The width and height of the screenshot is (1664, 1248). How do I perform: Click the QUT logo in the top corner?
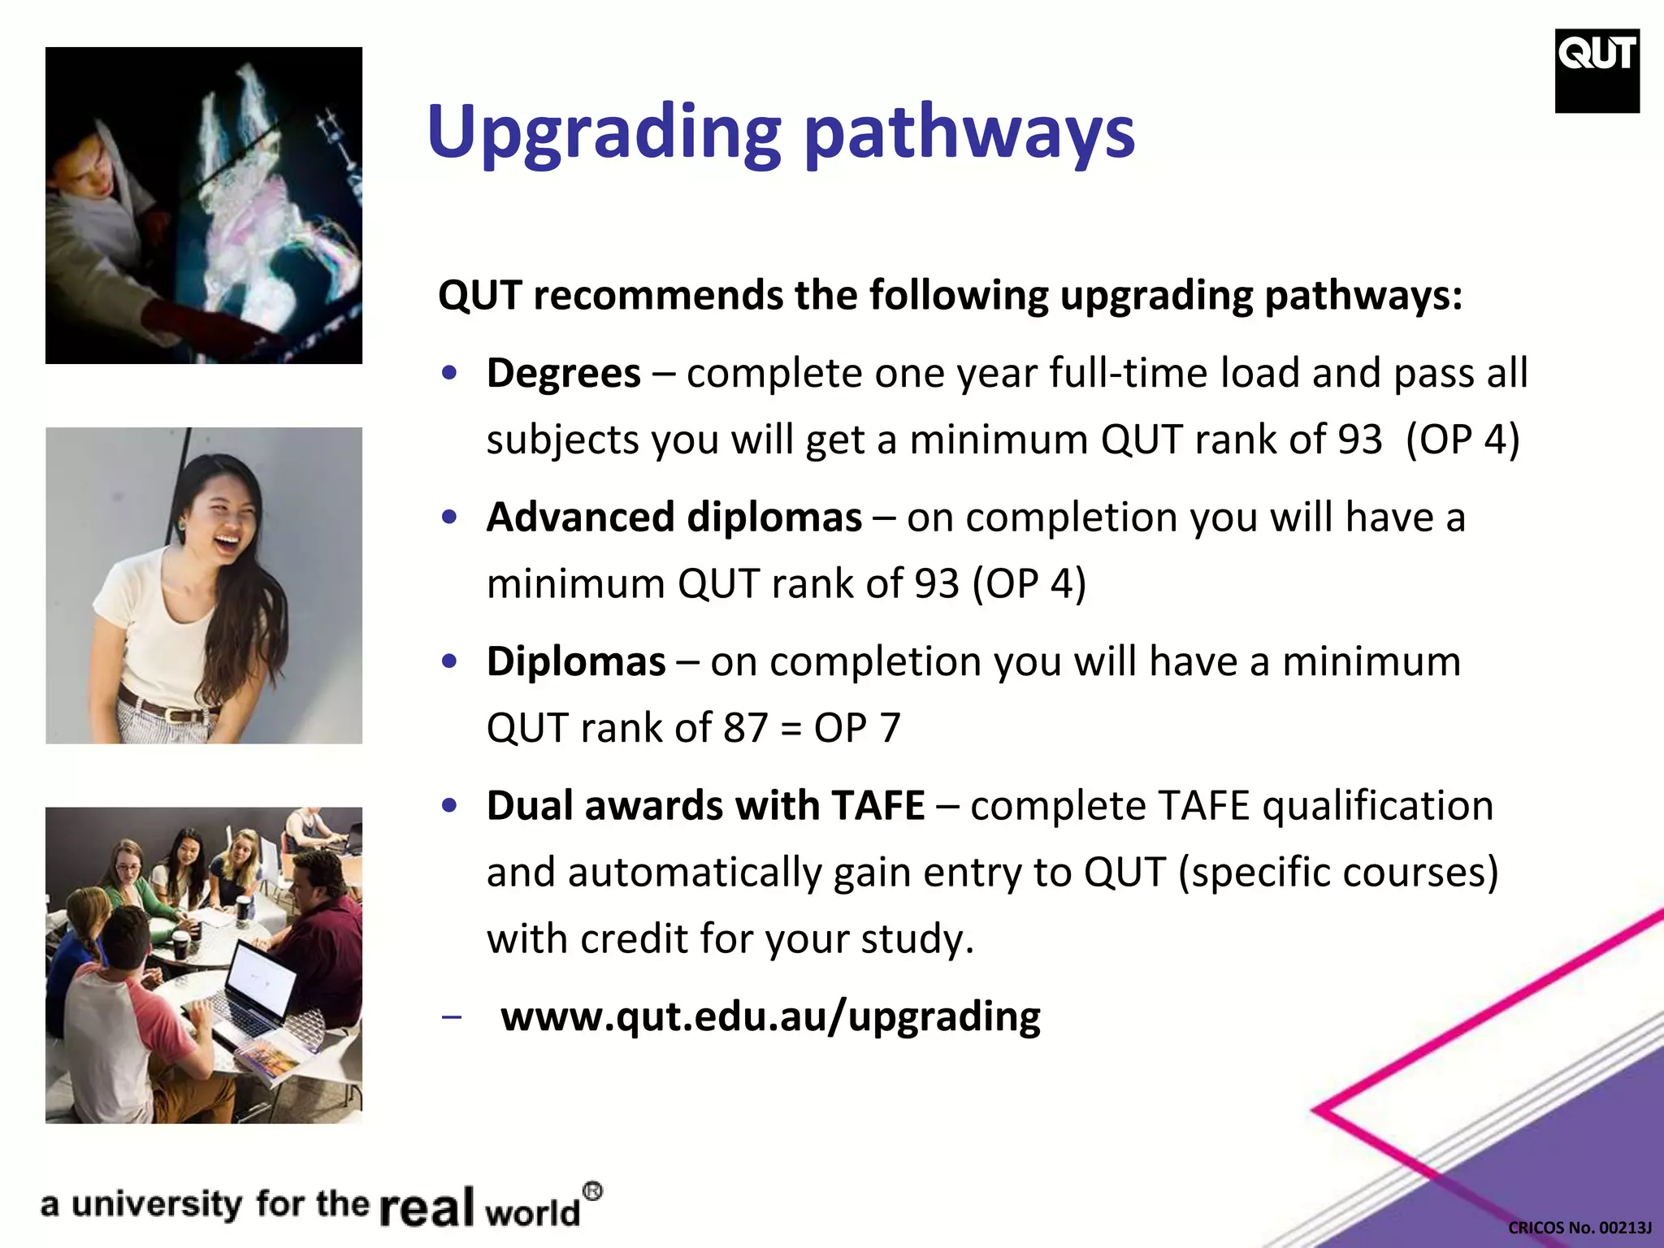(x=1597, y=70)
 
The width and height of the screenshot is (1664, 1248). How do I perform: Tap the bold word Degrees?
(x=563, y=374)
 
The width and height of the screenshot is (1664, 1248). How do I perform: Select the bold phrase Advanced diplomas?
(x=674, y=518)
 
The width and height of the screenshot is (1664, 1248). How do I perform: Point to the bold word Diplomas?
(x=576, y=661)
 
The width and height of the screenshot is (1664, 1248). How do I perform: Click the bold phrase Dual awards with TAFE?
(x=705, y=806)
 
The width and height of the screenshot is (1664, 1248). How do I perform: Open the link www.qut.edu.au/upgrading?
(x=770, y=1016)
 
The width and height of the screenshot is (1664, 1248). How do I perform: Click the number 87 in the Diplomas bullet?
(x=745, y=727)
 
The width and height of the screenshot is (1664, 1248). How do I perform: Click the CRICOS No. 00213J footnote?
(x=1579, y=1228)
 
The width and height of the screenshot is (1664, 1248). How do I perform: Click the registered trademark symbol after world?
(x=593, y=1192)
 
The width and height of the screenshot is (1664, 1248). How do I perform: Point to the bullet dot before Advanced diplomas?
(x=449, y=518)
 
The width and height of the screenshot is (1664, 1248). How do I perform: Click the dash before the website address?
(x=451, y=1018)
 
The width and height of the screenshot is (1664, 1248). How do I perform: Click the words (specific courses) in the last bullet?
(x=1337, y=873)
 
